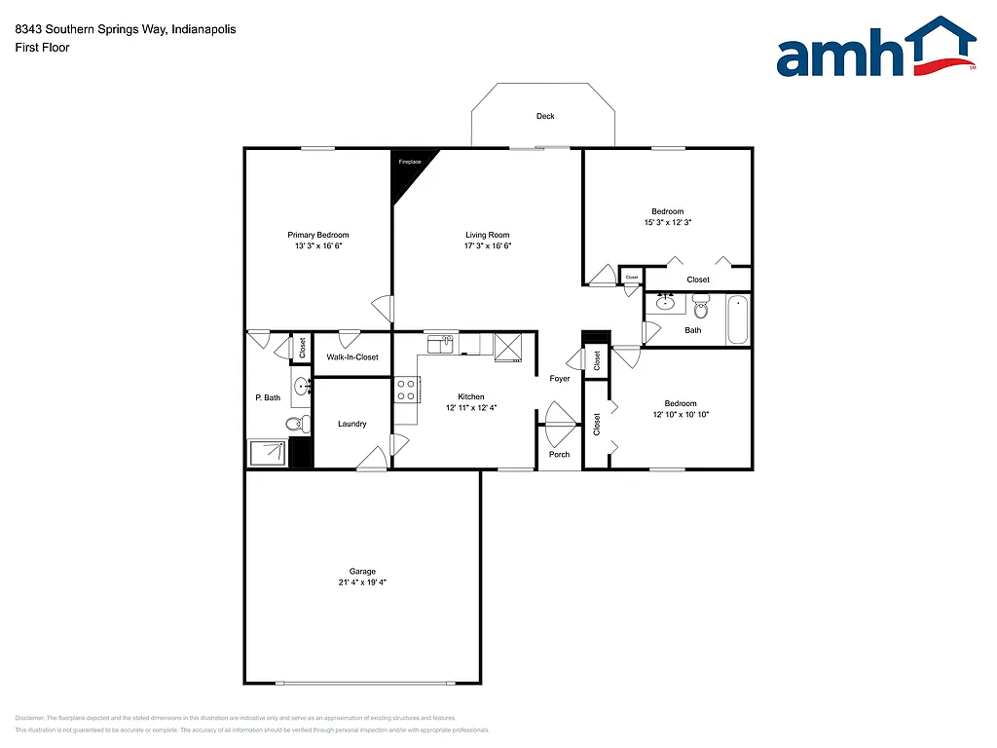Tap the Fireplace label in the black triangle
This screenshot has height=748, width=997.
pos(410,162)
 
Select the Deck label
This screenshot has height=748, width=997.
pos(545,117)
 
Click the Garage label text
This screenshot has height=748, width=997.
pos(362,572)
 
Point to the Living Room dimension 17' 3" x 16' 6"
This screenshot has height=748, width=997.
pos(487,246)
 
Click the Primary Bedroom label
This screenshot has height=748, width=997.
pos(317,235)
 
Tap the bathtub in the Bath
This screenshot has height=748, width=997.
pos(738,319)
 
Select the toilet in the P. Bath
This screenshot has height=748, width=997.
pos(297,423)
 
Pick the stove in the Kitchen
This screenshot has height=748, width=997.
pos(406,391)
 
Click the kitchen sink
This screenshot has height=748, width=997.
pos(441,344)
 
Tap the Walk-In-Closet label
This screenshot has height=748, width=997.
pos(352,357)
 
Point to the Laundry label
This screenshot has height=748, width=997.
pos(351,424)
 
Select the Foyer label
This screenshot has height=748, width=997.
pos(560,379)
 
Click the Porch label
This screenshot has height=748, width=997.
pos(559,455)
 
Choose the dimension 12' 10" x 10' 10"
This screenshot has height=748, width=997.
pos(681,415)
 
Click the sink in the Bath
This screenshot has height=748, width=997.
pos(666,303)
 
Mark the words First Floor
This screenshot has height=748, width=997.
pos(42,47)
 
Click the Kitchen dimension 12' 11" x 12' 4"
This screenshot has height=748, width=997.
pos(471,408)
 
